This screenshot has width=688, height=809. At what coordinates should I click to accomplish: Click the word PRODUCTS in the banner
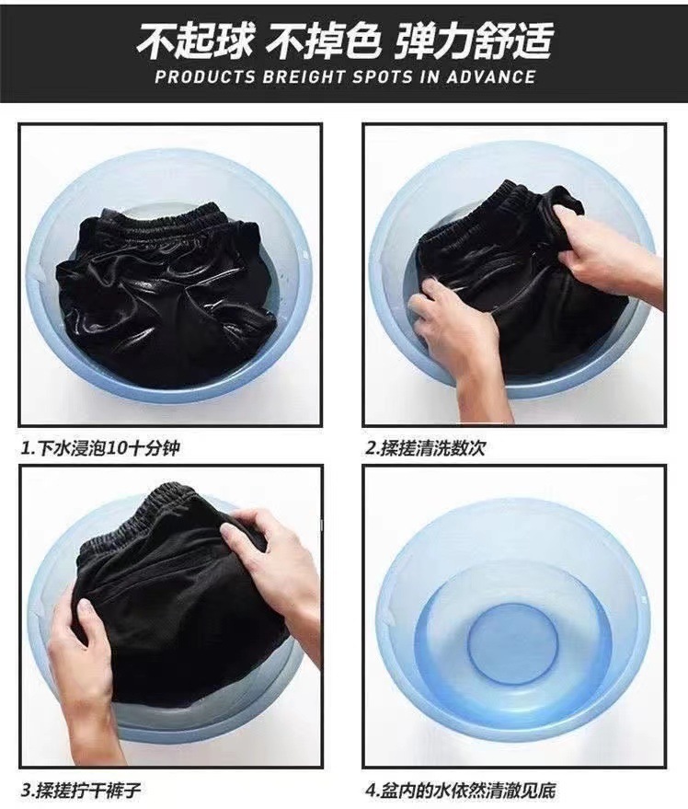click(x=205, y=77)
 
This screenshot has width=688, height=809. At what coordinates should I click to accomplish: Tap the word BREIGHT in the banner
click(x=304, y=77)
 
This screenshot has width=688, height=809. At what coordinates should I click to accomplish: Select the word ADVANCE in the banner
click(x=490, y=77)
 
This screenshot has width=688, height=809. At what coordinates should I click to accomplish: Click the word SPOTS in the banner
click(x=382, y=77)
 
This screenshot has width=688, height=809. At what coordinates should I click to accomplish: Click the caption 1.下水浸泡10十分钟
click(x=100, y=448)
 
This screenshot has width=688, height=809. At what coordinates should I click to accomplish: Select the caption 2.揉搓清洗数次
click(x=426, y=448)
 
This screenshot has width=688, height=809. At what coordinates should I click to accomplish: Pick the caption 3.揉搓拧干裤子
click(x=81, y=790)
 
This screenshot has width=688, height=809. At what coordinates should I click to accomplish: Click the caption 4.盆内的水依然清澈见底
click(x=461, y=790)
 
